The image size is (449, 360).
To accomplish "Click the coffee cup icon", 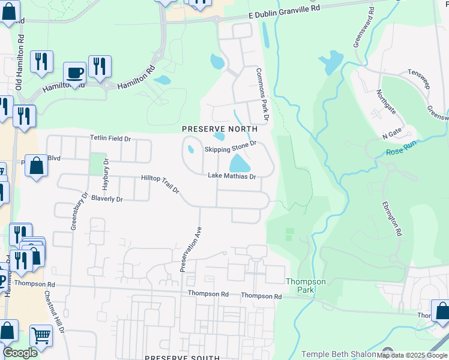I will pos(74,73).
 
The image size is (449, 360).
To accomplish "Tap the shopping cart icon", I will pos(41,335).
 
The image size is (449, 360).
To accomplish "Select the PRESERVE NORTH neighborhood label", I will pos(220,129).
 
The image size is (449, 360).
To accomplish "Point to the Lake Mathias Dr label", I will pos(232,176).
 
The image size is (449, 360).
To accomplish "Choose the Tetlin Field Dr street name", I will pos(110,139).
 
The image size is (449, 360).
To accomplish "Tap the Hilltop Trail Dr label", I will pos(160,184).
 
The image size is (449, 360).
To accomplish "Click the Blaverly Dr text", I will pos(107,199).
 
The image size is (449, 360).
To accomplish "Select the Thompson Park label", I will pos(306,286).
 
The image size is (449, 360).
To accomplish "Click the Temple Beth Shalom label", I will pos(339,355).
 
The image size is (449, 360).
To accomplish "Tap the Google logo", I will pos(20,353).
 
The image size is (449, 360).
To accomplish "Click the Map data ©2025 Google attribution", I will pos(412,355).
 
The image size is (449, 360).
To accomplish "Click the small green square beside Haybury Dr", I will pos(96,164).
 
